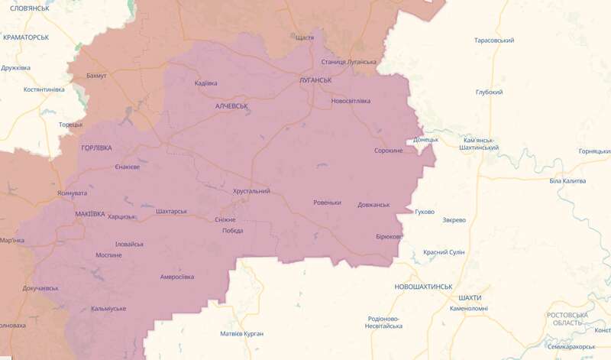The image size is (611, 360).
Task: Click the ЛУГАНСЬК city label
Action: [314, 79]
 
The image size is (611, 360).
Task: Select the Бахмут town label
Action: [97, 76]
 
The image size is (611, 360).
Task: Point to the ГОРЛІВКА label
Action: [96, 147]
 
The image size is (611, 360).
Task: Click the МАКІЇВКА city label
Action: [90, 214]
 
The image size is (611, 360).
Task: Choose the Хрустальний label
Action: [251, 191]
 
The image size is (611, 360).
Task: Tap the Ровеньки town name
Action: [327, 203]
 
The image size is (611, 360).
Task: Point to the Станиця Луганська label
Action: [349, 61]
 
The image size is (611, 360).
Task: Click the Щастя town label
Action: [303, 37]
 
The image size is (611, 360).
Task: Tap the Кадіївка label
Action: [206, 83]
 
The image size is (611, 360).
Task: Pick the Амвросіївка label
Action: [176, 277]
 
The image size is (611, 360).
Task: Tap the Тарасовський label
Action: [493, 40]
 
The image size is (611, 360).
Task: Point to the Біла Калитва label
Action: [567, 180]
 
